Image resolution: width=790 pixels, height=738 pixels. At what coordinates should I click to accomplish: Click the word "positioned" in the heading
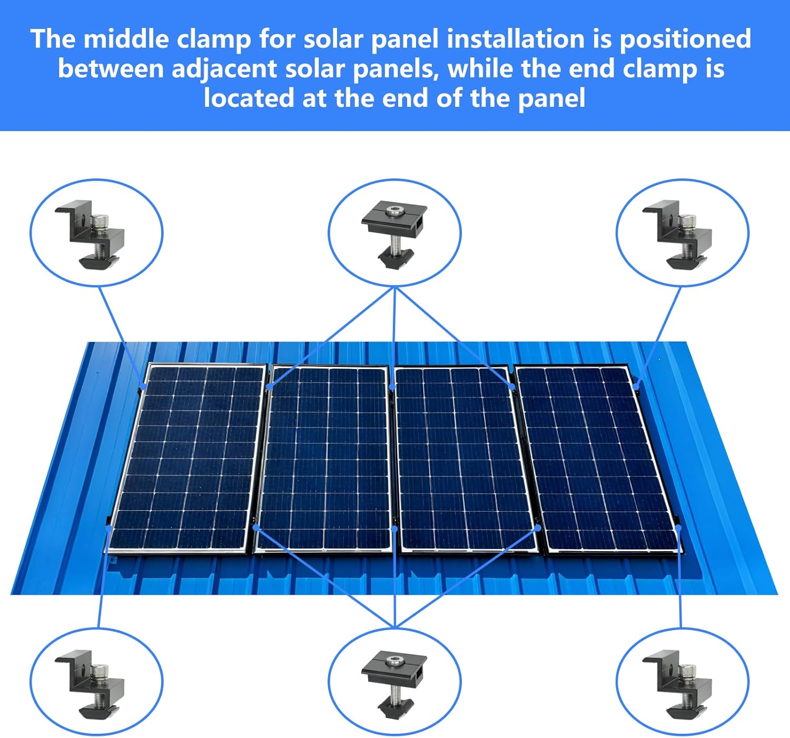point(685,40)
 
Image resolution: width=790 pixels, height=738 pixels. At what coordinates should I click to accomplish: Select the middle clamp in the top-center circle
point(394,232)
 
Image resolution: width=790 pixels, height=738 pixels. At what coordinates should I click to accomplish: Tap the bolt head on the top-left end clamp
point(99,221)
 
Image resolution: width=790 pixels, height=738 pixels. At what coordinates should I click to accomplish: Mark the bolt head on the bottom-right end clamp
point(686,671)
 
